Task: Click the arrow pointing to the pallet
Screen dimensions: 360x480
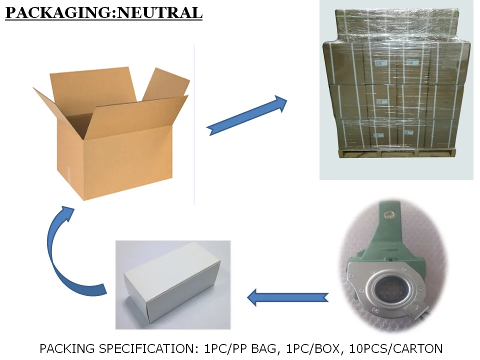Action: (247, 115)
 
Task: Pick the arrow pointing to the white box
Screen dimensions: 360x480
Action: (288, 297)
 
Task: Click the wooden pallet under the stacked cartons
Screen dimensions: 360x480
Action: (395, 153)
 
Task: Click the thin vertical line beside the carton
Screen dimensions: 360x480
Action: (194, 125)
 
